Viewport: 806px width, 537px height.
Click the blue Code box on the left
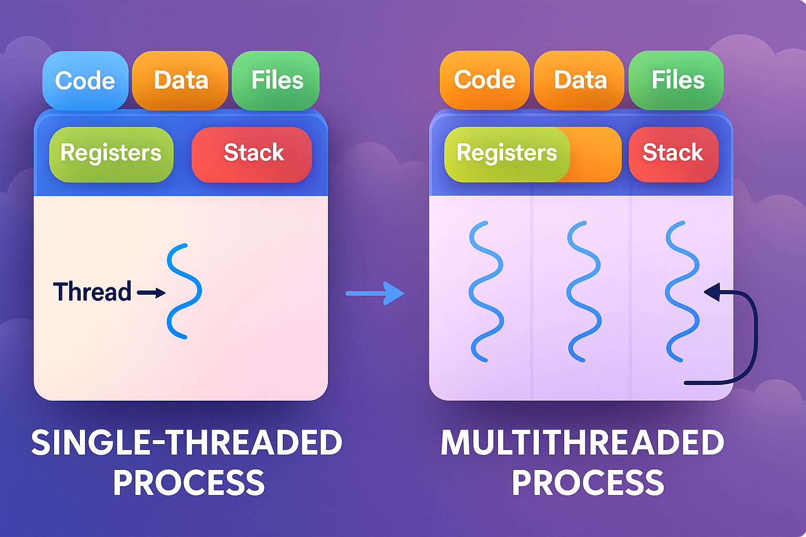(85, 81)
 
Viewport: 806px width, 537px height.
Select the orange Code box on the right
(484, 80)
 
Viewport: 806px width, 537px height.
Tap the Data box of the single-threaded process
(181, 81)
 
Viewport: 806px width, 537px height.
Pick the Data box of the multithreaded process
(580, 80)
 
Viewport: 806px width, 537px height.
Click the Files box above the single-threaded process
(277, 81)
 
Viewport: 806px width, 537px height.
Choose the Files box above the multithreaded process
(677, 80)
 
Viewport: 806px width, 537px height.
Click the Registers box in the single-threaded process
(111, 154)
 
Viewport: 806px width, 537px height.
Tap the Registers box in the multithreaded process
(506, 154)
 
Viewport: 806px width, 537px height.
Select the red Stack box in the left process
(252, 154)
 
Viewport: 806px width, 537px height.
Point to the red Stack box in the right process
(673, 154)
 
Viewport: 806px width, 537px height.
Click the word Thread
(92, 292)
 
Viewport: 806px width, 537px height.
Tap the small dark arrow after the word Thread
(152, 293)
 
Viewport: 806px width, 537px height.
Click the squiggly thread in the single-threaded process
(183, 291)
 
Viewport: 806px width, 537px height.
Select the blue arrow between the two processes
(375, 293)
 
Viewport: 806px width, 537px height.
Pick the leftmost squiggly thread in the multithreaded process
(485, 291)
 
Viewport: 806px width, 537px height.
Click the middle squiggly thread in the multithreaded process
(584, 291)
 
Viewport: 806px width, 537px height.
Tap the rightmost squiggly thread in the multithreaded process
(682, 291)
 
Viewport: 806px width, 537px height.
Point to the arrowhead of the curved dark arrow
(712, 292)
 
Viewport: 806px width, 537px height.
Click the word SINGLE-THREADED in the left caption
(186, 443)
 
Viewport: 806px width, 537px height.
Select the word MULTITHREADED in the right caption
(582, 443)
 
